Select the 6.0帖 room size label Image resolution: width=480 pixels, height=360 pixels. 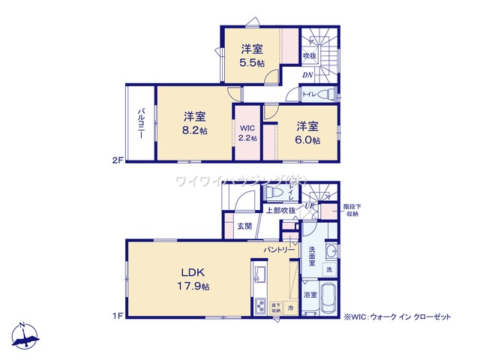coord(307,139)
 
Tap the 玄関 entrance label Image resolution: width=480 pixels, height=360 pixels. coord(244,226)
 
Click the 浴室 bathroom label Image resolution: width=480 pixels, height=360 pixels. coord(310,295)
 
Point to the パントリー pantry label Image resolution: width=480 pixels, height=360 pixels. coord(276,247)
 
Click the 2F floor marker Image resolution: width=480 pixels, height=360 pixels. coord(116,160)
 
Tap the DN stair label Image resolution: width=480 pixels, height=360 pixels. coord(307,75)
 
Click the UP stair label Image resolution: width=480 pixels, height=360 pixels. coord(308,205)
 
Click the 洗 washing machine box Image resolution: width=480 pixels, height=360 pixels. coord(328,268)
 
